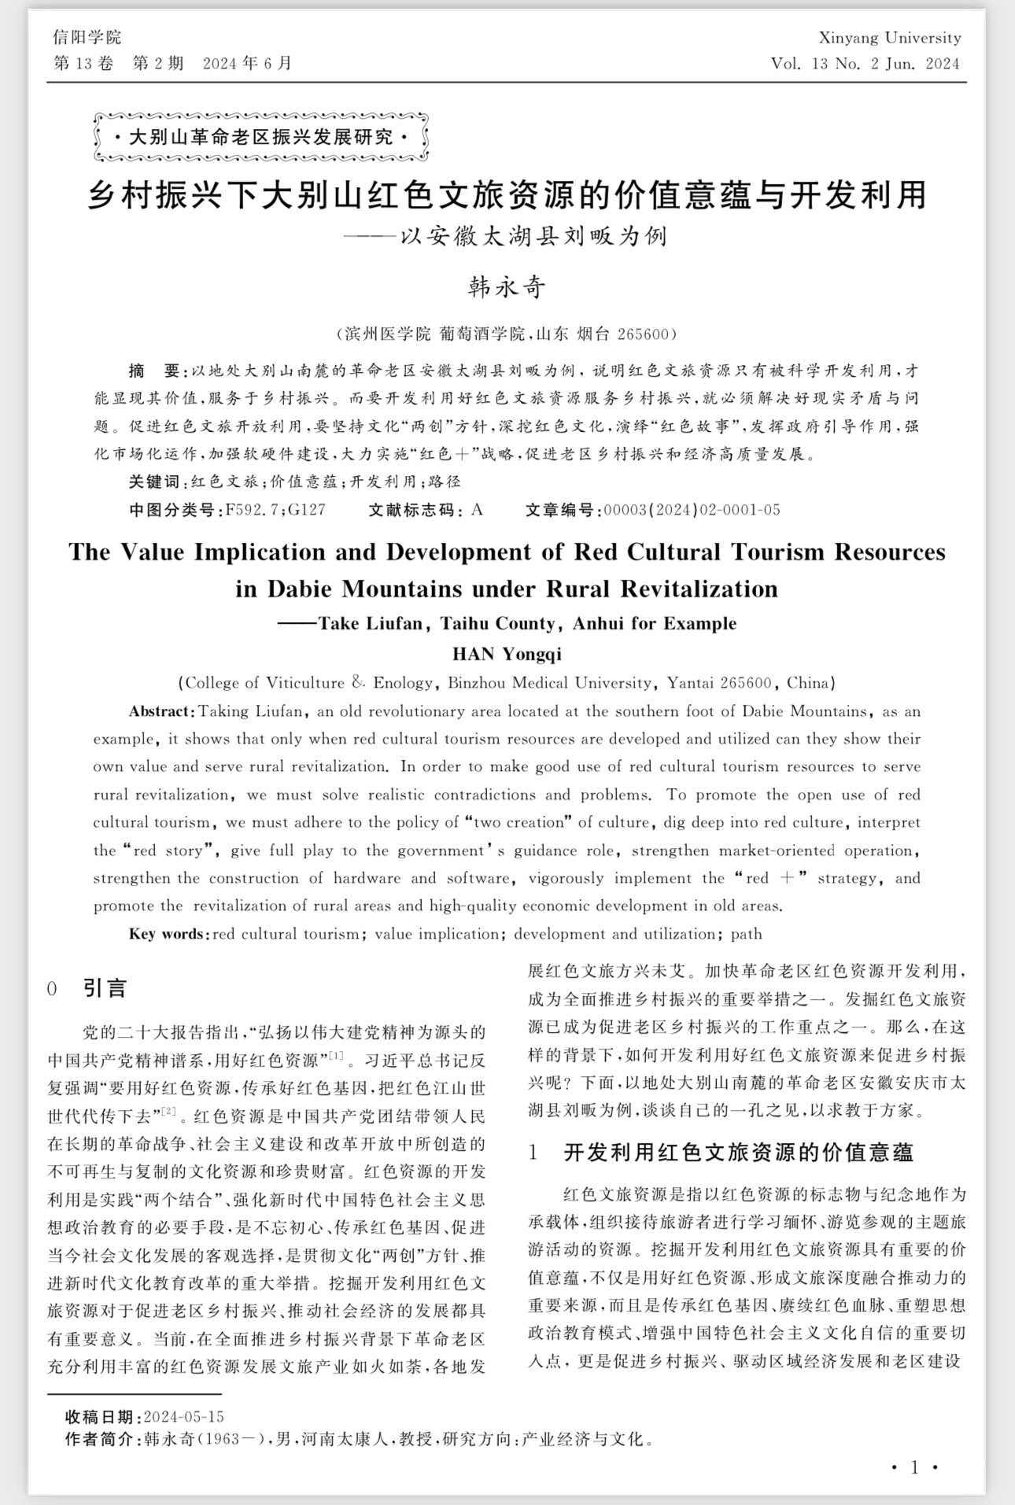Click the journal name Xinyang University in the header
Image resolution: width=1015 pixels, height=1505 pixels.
pos(889,38)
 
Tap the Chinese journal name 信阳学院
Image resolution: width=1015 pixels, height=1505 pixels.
pos(87,37)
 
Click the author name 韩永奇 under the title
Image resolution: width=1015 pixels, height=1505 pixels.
pos(507,287)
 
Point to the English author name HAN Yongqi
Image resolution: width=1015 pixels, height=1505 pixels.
pos(507,654)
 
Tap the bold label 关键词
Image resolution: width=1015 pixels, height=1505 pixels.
pos(154,481)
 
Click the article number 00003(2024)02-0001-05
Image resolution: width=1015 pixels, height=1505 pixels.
pos(692,510)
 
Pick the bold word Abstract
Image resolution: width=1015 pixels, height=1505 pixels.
pos(161,711)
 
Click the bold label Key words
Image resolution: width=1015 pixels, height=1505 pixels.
pos(168,934)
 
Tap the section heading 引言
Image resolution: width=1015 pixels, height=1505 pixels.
pos(105,989)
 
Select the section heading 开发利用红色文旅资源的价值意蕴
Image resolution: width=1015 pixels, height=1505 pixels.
pos(739,1153)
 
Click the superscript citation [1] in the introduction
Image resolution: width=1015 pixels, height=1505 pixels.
pos(336,1056)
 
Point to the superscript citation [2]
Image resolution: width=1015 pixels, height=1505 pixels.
pos(168,1111)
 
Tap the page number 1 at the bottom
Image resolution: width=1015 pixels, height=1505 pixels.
pos(914,1466)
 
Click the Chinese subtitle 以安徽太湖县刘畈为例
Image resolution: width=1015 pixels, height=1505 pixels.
pos(533,237)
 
